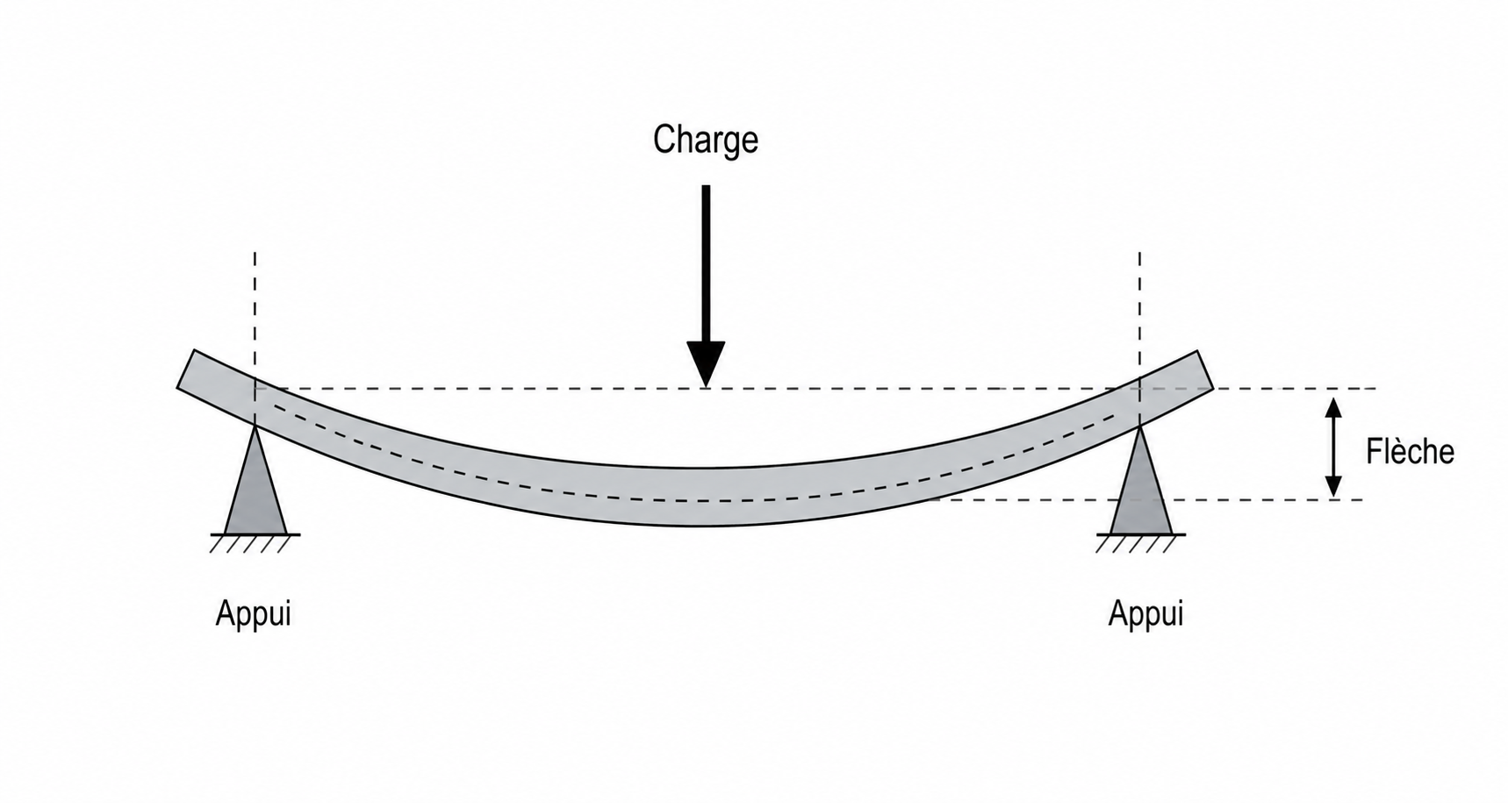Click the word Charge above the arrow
click(x=705, y=140)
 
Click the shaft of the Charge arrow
click(x=706, y=263)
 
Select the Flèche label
click(x=1410, y=451)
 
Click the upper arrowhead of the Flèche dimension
click(x=1333, y=408)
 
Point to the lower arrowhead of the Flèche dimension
click(x=1333, y=486)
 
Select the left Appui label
click(x=253, y=613)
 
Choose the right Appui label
click(x=1145, y=613)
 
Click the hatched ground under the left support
click(x=255, y=543)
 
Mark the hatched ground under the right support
click(x=1140, y=543)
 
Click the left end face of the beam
click(x=185, y=369)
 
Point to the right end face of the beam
click(x=1204, y=369)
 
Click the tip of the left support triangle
click(x=255, y=427)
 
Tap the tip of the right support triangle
click(x=1140, y=427)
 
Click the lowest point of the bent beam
click(x=705, y=526)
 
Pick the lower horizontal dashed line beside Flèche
click(x=1145, y=500)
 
